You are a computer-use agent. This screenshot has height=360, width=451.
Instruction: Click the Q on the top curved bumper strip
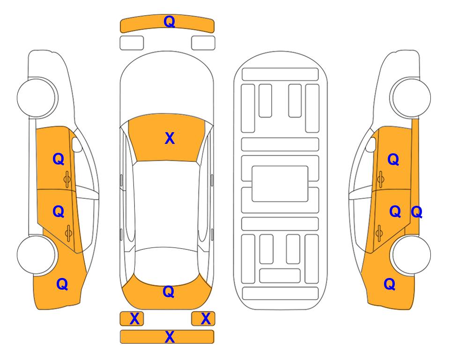tap(169, 22)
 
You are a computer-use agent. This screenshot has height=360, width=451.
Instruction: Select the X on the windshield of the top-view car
tap(170, 138)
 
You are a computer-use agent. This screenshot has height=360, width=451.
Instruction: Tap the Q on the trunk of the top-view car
tap(169, 292)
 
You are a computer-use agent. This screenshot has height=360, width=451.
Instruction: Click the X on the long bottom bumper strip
tap(170, 337)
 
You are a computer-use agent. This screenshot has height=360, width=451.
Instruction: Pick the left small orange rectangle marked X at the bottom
tap(132, 319)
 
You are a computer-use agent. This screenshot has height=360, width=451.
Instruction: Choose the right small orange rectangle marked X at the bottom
tap(203, 319)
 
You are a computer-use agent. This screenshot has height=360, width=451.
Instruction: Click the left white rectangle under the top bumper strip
tap(132, 43)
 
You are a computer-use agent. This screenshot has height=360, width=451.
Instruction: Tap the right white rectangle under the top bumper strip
tap(203, 43)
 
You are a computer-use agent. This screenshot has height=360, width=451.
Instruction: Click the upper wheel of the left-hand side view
tap(36, 97)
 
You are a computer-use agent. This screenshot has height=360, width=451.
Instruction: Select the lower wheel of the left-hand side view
tap(36, 255)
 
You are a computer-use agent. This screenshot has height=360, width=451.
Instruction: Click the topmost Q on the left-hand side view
tap(59, 159)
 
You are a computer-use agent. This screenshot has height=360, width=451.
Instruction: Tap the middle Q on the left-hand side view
tap(59, 212)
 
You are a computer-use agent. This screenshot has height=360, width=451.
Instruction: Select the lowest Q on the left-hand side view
tap(62, 284)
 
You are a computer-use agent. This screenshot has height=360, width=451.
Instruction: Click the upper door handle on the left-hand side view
tap(67, 179)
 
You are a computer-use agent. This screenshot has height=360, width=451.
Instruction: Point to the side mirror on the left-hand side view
tap(76, 144)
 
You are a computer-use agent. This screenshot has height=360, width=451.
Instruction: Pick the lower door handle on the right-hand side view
tap(379, 233)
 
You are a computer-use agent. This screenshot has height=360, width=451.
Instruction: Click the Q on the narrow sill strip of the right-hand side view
tap(416, 212)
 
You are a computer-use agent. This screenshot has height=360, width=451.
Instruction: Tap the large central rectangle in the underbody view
tap(280, 184)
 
